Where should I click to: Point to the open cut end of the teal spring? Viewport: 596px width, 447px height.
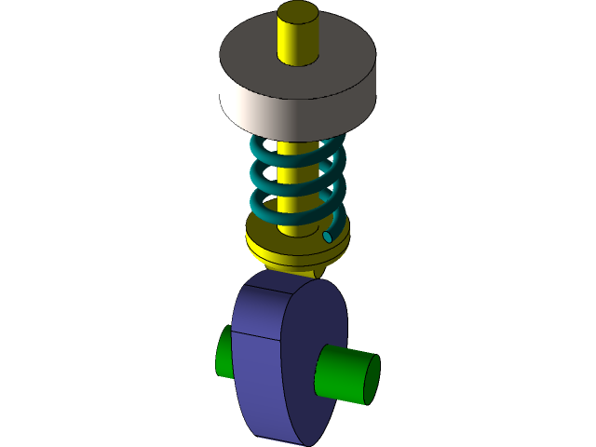click(x=328, y=237)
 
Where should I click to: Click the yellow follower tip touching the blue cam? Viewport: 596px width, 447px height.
click(x=319, y=271)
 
